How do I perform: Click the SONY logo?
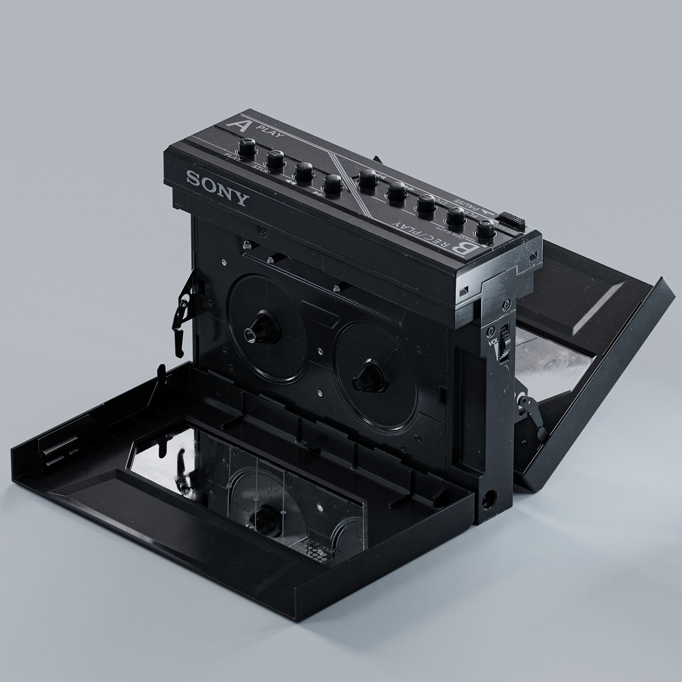[216, 187]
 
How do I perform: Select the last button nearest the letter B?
[486, 230]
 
